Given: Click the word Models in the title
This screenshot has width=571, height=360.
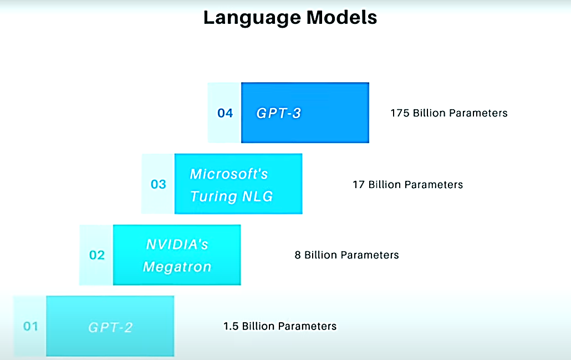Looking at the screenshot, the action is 341,17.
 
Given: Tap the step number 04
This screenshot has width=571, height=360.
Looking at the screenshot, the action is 225,113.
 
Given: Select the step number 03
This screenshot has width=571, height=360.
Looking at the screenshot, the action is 159,184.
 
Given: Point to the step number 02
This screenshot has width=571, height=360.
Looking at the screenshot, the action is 97,255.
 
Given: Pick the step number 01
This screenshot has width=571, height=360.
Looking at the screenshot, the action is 30,326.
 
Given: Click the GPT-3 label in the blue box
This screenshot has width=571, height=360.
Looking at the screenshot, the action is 279,113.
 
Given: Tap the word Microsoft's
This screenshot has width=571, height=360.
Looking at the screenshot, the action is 229,174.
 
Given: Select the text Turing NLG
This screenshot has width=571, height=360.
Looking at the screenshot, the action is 232,196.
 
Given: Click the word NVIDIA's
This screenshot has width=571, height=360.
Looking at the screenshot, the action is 177,245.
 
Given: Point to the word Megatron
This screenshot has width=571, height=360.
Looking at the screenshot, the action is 177,267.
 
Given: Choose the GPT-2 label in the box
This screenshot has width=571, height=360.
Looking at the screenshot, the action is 110,327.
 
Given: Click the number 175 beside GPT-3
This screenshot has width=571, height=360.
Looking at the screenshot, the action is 400,113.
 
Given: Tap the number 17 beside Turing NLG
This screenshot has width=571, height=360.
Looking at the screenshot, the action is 359,184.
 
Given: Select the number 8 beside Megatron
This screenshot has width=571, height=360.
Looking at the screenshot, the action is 298,255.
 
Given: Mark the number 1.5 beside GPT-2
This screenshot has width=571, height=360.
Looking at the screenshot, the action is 231,326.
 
